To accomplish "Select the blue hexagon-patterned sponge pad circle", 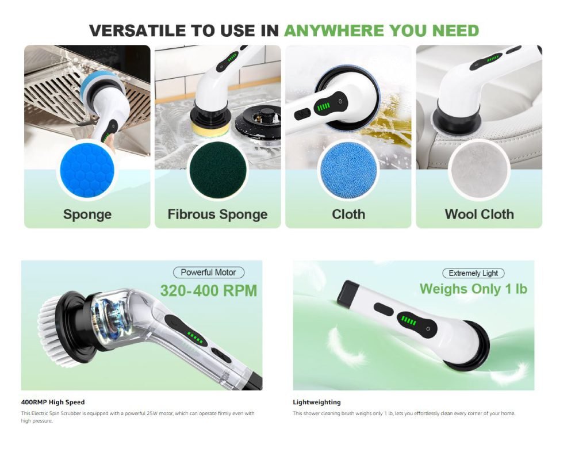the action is pos(87,170).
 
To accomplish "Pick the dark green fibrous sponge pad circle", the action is pos(218,170).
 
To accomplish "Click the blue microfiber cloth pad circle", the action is pos(348,170).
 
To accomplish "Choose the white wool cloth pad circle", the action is pos(479,170).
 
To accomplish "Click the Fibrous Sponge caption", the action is pos(217,214).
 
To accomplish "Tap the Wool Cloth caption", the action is pos(480,214).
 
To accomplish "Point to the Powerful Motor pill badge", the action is pos(209,273).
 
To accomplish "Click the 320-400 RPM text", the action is pos(209,290).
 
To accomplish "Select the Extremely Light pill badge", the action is pos(473,273).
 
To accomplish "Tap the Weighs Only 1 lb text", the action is pos(473,289).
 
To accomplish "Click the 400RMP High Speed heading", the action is pos(53,402).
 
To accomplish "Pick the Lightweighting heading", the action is pos(316,402).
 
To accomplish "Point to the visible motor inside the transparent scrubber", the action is pos(110,316).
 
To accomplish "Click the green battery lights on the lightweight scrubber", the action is pos(408,321).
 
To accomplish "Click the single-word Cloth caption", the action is pos(348,214).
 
